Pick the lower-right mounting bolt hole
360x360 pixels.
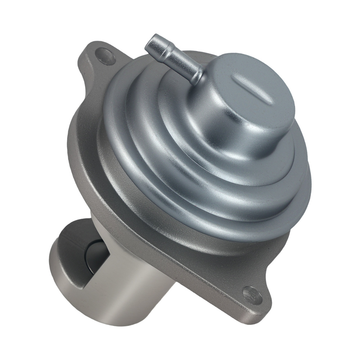pyautogui.click(x=252, y=294)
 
